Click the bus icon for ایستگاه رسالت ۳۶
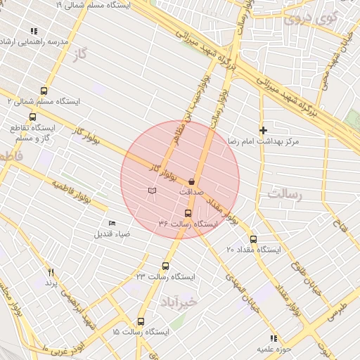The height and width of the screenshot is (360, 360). (187, 213)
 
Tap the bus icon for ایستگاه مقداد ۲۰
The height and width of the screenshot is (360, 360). (253, 239)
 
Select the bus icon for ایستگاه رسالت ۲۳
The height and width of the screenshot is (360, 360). (165, 266)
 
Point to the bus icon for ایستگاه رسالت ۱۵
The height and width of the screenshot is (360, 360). (141, 321)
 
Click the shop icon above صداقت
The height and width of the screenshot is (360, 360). (191, 181)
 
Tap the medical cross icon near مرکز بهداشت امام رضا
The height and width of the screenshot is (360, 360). (264, 130)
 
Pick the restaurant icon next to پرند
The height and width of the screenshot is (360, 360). (51, 272)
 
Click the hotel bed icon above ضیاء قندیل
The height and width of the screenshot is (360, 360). (112, 224)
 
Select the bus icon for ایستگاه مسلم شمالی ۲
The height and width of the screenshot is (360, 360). (44, 91)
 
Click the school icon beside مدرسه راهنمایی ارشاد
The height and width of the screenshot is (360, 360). (34, 31)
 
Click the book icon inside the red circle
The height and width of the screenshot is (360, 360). (152, 191)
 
